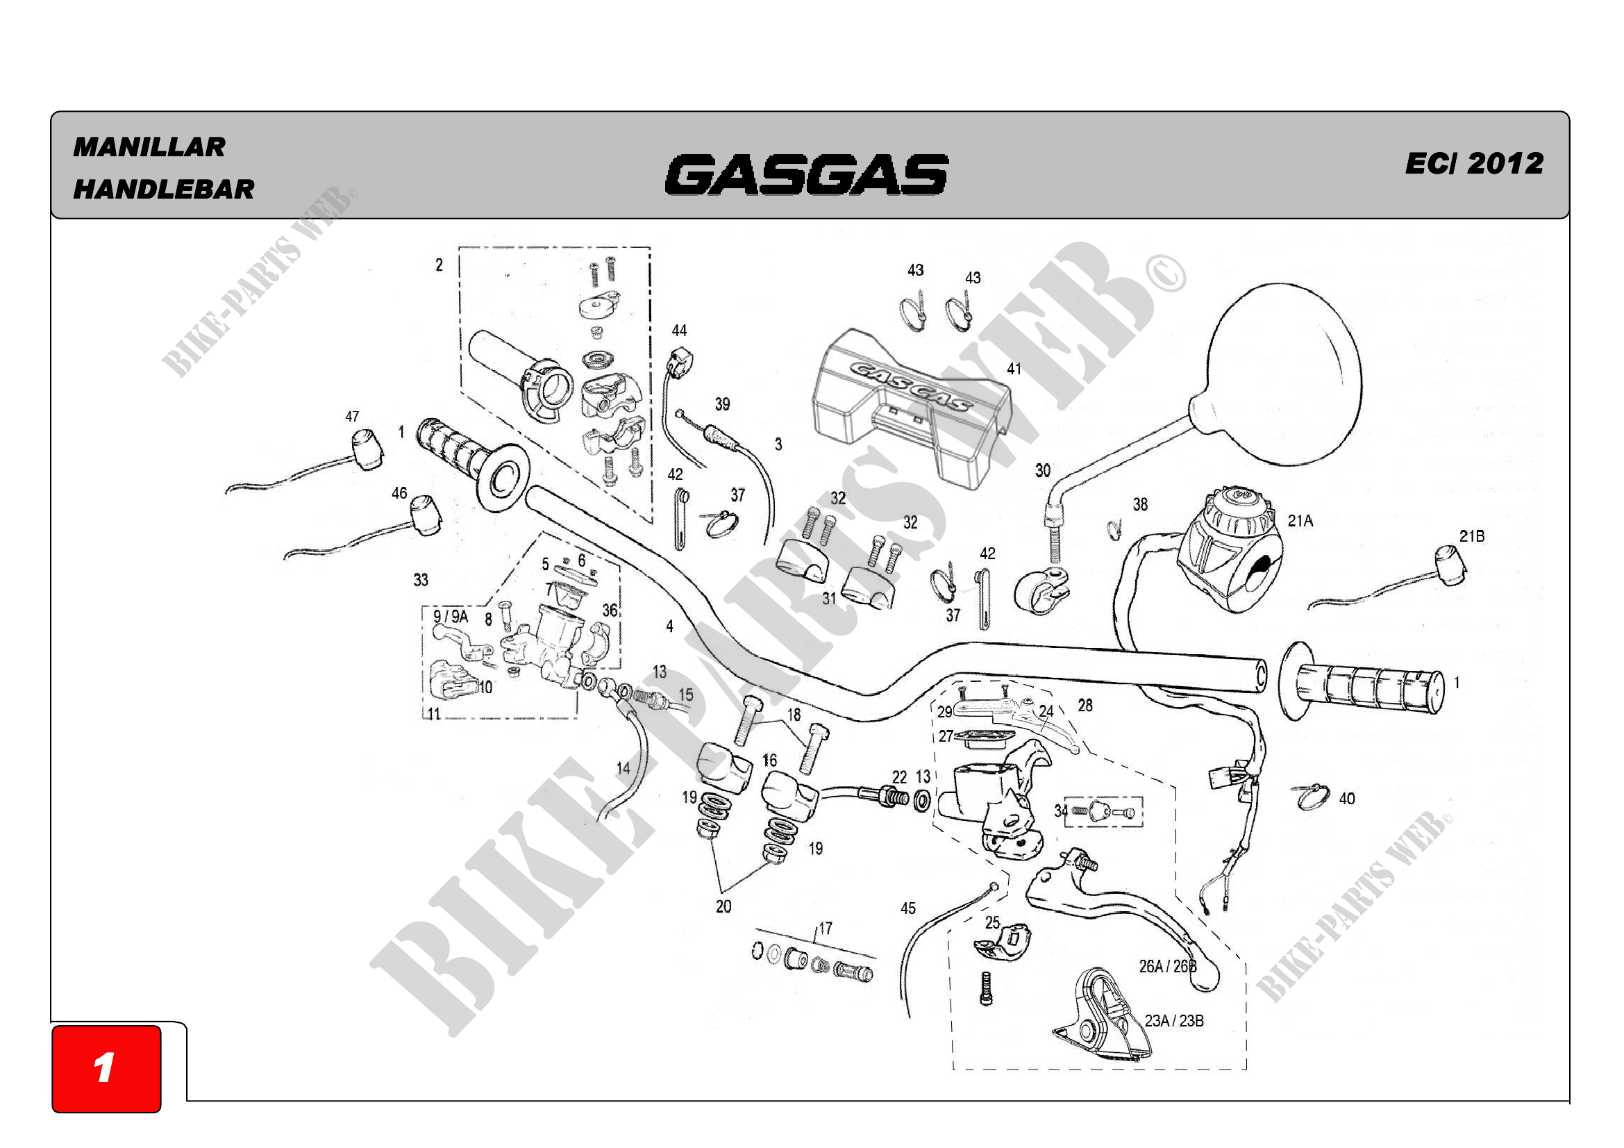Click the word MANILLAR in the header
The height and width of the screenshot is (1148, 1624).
[149, 147]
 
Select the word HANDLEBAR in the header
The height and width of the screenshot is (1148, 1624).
[163, 190]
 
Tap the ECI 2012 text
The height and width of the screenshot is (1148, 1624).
[1473, 163]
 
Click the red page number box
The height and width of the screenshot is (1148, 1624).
[106, 1068]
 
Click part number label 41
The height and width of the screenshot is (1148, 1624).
[1014, 369]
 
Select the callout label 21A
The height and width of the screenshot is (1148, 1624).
[1300, 521]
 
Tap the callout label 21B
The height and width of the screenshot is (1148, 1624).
[1471, 536]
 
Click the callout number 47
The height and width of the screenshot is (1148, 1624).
[352, 417]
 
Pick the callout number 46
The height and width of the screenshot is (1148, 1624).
[400, 493]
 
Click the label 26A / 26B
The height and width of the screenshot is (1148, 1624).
[1168, 966]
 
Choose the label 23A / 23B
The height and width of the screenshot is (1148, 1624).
[1174, 1021]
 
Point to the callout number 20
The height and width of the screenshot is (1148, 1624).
[723, 906]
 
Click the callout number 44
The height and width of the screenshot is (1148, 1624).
[679, 331]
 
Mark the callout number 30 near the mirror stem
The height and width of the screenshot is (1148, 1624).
[1043, 470]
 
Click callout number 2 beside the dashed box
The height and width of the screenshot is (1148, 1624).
[440, 265]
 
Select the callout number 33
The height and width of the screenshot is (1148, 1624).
[421, 580]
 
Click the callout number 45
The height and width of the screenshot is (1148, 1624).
[908, 908]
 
